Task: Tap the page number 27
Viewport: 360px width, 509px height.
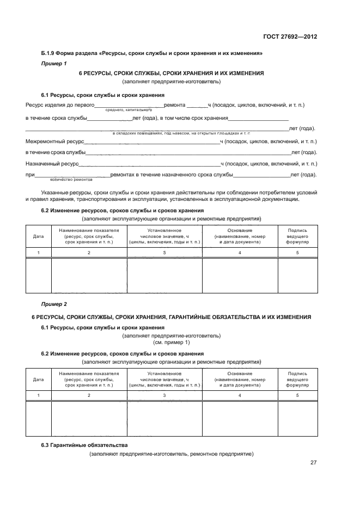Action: point(313,463)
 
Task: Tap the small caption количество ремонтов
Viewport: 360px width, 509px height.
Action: point(71,179)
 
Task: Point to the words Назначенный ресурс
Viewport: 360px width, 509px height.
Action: point(52,163)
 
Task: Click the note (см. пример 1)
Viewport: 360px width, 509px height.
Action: point(172,342)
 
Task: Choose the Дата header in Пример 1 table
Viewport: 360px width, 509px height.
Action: point(38,236)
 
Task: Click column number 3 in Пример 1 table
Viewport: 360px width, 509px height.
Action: point(164,253)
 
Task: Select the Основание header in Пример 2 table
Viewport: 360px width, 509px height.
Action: point(240,374)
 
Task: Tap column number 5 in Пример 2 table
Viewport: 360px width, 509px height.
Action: point(297,395)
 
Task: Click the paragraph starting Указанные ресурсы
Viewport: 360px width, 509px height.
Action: point(171,196)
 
